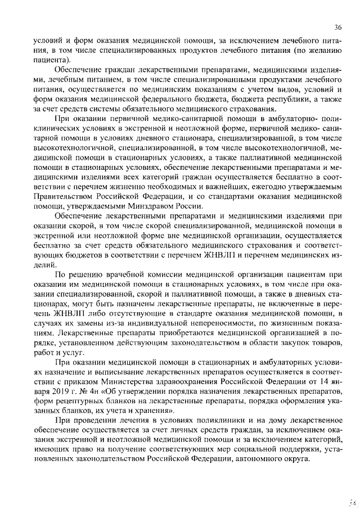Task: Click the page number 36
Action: click(x=337, y=27)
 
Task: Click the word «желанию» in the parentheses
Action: click(x=323, y=51)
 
